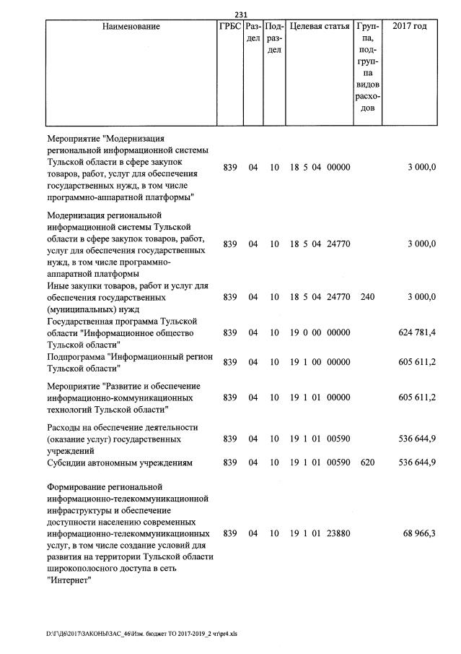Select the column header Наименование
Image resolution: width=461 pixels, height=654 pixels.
pos(131,27)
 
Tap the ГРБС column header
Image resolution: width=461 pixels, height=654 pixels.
pos(229,27)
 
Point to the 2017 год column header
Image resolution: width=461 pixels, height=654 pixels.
pos(409,27)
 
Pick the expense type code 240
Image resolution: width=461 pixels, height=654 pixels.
pos(367,297)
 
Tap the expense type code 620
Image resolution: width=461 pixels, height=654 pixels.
pos(367,462)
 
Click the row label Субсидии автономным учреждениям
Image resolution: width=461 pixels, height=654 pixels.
pos(120,462)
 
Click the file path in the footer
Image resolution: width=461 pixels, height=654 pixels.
pos(141,634)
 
